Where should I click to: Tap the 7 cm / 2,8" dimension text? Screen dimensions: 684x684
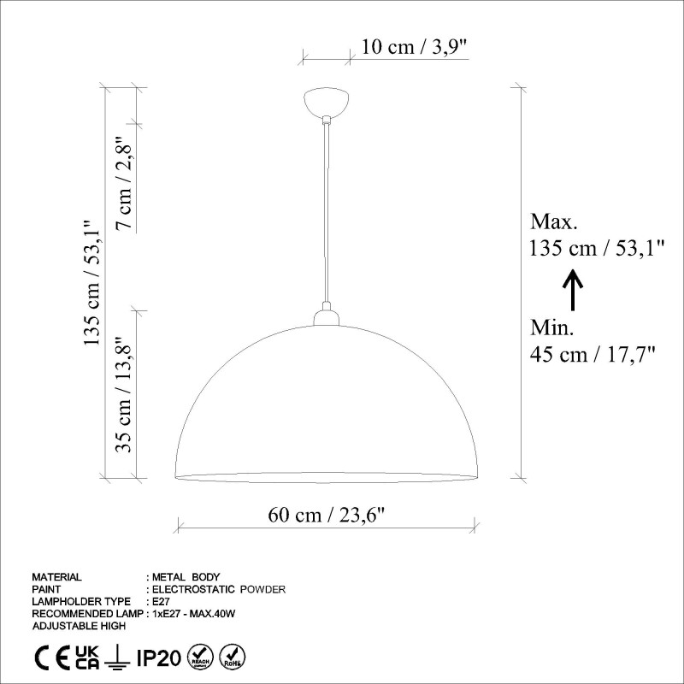125,183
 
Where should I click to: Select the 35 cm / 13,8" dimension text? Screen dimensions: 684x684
125,393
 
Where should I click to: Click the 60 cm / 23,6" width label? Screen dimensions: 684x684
327,515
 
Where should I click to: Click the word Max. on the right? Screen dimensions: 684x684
554,222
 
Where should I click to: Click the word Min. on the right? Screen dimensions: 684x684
552,327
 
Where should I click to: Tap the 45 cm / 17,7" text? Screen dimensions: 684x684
593,354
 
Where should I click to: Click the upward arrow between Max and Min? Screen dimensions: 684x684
573,290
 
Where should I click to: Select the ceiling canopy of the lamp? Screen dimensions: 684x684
326,103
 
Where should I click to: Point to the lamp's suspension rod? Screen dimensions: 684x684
326,214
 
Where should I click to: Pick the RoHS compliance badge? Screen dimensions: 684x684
233,657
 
